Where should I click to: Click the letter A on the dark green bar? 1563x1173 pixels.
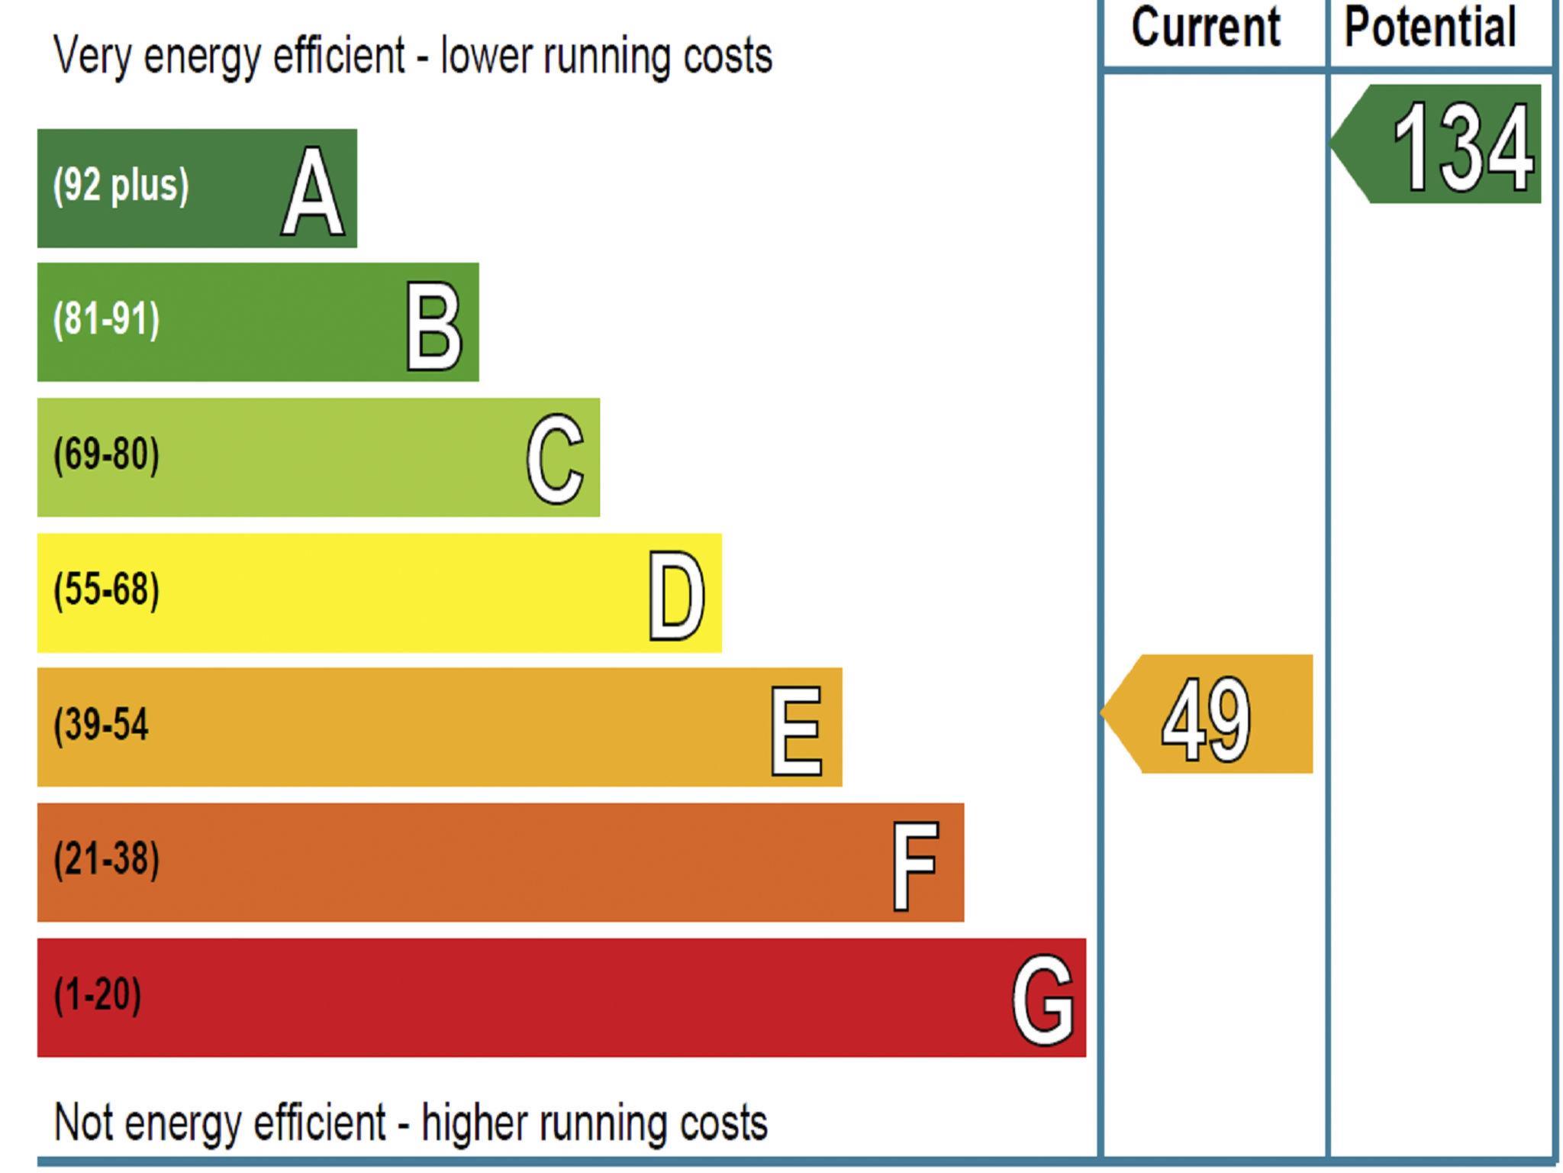pyautogui.click(x=312, y=192)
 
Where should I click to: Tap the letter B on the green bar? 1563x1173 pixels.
pyautogui.click(x=433, y=326)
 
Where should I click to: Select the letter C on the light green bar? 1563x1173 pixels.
pyautogui.click(x=555, y=459)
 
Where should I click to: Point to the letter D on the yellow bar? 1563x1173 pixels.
pyautogui.click(x=676, y=596)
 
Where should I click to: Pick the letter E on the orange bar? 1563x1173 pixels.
pyautogui.click(x=796, y=731)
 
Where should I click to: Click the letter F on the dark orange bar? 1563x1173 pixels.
pyautogui.click(x=915, y=866)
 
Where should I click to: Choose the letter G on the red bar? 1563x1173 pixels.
pyautogui.click(x=1043, y=1000)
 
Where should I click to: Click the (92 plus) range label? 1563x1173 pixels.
pyautogui.click(x=121, y=186)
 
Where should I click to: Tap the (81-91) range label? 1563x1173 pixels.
pyautogui.click(x=106, y=320)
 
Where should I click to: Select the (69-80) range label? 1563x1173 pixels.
pyautogui.click(x=106, y=455)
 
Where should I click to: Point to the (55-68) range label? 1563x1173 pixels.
pyautogui.click(x=106, y=590)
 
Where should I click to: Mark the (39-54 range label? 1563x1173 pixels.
pyautogui.click(x=101, y=725)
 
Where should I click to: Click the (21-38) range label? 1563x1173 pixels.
pyautogui.click(x=106, y=859)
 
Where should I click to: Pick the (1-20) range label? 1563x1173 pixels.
pyautogui.click(x=97, y=994)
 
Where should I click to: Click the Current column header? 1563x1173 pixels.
pyautogui.click(x=1205, y=27)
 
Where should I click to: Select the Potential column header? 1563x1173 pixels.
pyautogui.click(x=1429, y=27)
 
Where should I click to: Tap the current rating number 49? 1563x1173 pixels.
pyautogui.click(x=1206, y=720)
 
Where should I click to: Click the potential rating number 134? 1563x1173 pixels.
pyautogui.click(x=1462, y=147)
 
